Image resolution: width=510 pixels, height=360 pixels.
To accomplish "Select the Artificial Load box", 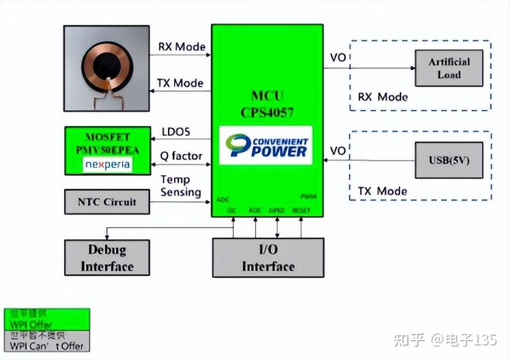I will pos(448,68).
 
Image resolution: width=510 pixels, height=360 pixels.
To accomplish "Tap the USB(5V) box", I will pos(448,160).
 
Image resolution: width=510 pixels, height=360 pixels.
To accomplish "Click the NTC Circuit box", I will pos(106,202).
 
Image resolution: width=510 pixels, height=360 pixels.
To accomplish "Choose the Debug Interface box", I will pos(107,258).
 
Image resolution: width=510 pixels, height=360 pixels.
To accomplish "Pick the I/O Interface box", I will pos(268,258).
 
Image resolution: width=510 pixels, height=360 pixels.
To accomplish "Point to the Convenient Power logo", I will pos(266,145).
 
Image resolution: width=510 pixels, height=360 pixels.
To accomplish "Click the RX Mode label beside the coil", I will pos(181,47).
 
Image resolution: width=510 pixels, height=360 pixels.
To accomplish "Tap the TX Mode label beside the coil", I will pos(180,83).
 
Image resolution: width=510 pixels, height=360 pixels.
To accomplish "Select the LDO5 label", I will pos(176,131).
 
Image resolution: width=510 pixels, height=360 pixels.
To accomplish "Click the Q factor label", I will pos(181,156).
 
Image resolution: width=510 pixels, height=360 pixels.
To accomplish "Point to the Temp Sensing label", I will pos(180,186).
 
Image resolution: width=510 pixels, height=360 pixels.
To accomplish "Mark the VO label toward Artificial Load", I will pos(338,58).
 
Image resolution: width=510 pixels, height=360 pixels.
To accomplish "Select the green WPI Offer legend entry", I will pos(47,318).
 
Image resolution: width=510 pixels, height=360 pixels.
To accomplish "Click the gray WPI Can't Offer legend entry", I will pos(47,341).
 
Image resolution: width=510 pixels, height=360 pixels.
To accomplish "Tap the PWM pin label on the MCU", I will pos(308,197).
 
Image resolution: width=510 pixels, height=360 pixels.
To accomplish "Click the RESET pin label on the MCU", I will pos(301,210).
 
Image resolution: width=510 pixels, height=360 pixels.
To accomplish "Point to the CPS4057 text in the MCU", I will pos(266,111).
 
